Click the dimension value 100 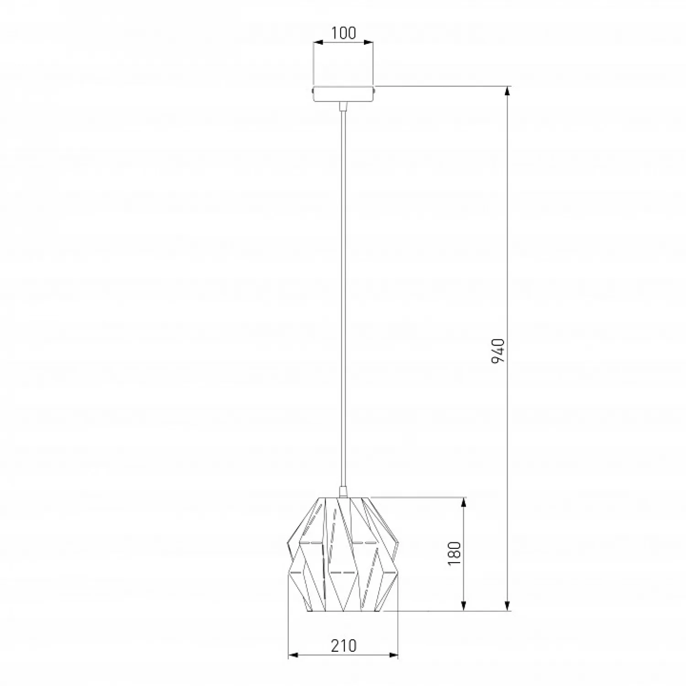pos(343,33)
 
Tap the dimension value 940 pos(498,351)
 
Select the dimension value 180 pos(455,553)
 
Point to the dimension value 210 pos(343,645)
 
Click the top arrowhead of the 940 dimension pos(507,91)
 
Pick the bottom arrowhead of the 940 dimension pos(507,606)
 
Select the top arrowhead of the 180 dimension pos(464,503)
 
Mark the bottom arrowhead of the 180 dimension pos(464,606)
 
